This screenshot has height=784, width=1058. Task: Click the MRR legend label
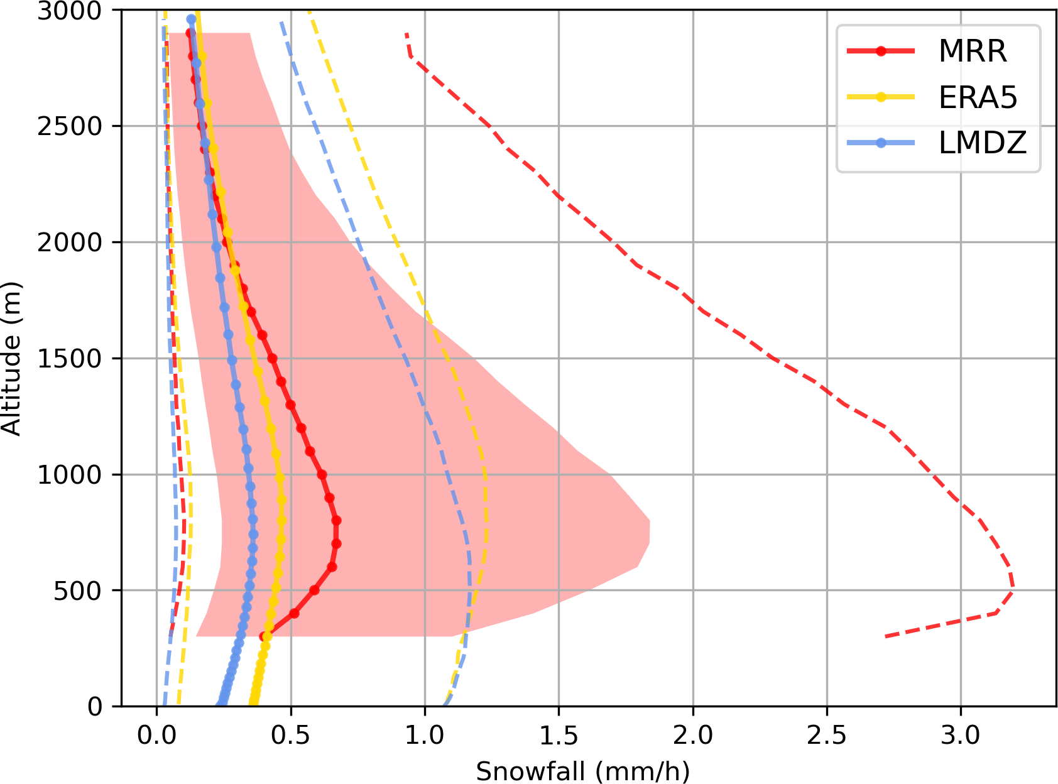972,51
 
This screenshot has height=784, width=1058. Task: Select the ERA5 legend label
978,97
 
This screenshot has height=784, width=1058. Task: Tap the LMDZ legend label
982,143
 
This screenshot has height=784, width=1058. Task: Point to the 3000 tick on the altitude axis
69,11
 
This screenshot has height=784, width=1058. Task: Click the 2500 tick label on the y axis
69,126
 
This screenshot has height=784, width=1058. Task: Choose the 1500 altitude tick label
69,359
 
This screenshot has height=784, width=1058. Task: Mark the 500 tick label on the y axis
77,591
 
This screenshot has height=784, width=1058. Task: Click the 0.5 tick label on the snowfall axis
291,735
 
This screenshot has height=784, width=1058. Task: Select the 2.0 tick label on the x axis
693,735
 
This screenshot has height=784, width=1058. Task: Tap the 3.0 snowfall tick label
961,735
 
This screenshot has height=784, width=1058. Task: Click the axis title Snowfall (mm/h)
582,771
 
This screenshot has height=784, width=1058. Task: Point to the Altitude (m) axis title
11,359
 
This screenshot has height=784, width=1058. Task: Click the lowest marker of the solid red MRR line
264,636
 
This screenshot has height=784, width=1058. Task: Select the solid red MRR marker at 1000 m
322,474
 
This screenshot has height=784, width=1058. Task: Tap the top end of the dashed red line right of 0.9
406,34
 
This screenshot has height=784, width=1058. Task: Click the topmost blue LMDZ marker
191,19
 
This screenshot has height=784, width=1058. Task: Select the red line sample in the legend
881,51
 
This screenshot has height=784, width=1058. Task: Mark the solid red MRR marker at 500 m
314,590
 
